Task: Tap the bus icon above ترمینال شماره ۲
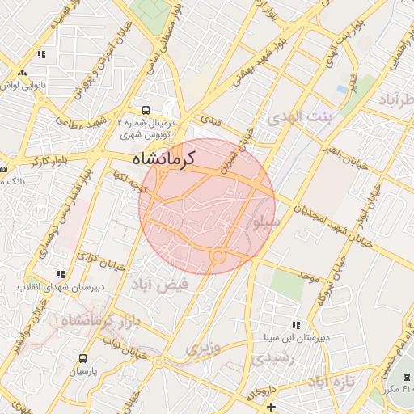coord(145,109)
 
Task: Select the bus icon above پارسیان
coord(82,357)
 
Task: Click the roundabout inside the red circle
coord(217,256)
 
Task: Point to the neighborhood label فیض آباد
coord(160,285)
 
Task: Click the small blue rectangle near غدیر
coord(343,87)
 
